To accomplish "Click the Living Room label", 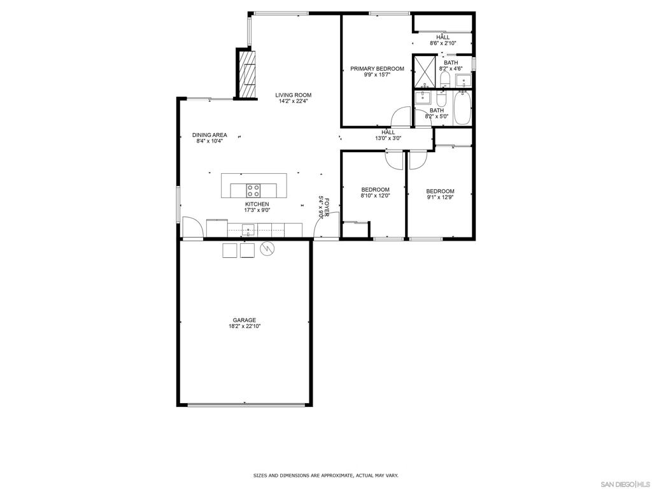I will [x=294, y=95].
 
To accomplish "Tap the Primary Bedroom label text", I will [x=377, y=69].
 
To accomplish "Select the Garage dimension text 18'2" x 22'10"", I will [x=244, y=326].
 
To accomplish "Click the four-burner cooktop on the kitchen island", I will [x=253, y=190].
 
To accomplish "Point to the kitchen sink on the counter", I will [x=248, y=229].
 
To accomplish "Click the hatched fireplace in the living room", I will [x=247, y=74].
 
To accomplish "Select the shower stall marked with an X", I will [x=423, y=70].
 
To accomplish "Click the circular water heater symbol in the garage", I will [x=268, y=250].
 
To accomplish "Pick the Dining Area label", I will [x=209, y=135].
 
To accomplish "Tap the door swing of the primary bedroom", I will [x=401, y=117].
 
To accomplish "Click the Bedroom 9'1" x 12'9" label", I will [x=440, y=191].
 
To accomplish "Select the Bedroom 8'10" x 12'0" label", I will [x=375, y=189].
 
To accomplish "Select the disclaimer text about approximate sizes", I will [x=325, y=476].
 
